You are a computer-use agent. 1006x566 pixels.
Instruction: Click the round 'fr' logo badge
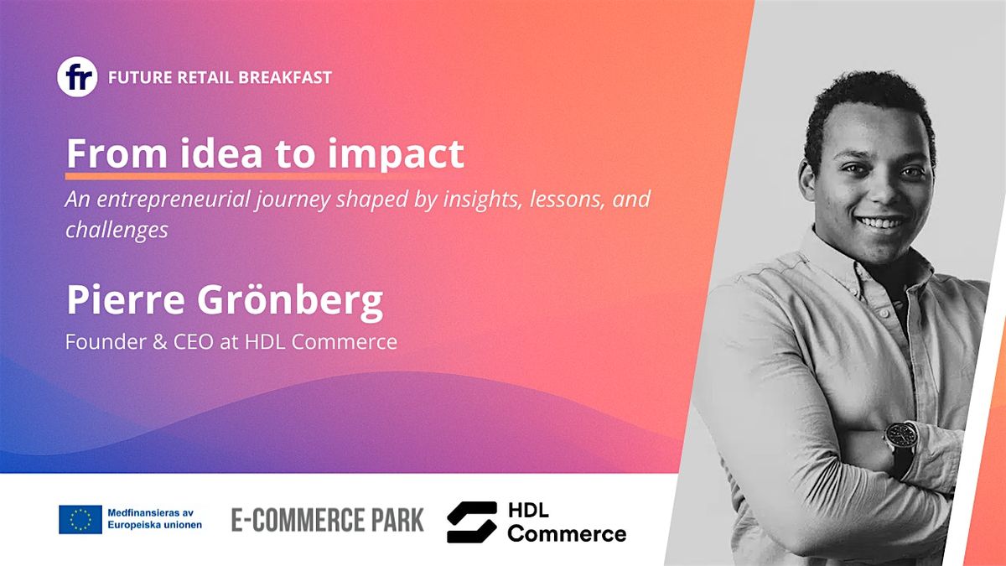[77, 77]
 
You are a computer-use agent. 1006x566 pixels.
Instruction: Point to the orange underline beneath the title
[226, 177]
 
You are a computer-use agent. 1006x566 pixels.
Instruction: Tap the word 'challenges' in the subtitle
[117, 230]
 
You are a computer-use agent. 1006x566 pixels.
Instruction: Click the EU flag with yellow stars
[80, 520]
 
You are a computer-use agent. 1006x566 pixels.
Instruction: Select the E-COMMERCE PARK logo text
[328, 520]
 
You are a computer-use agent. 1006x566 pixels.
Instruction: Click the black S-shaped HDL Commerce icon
[471, 522]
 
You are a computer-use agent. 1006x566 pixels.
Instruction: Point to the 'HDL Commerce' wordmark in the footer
[566, 522]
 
